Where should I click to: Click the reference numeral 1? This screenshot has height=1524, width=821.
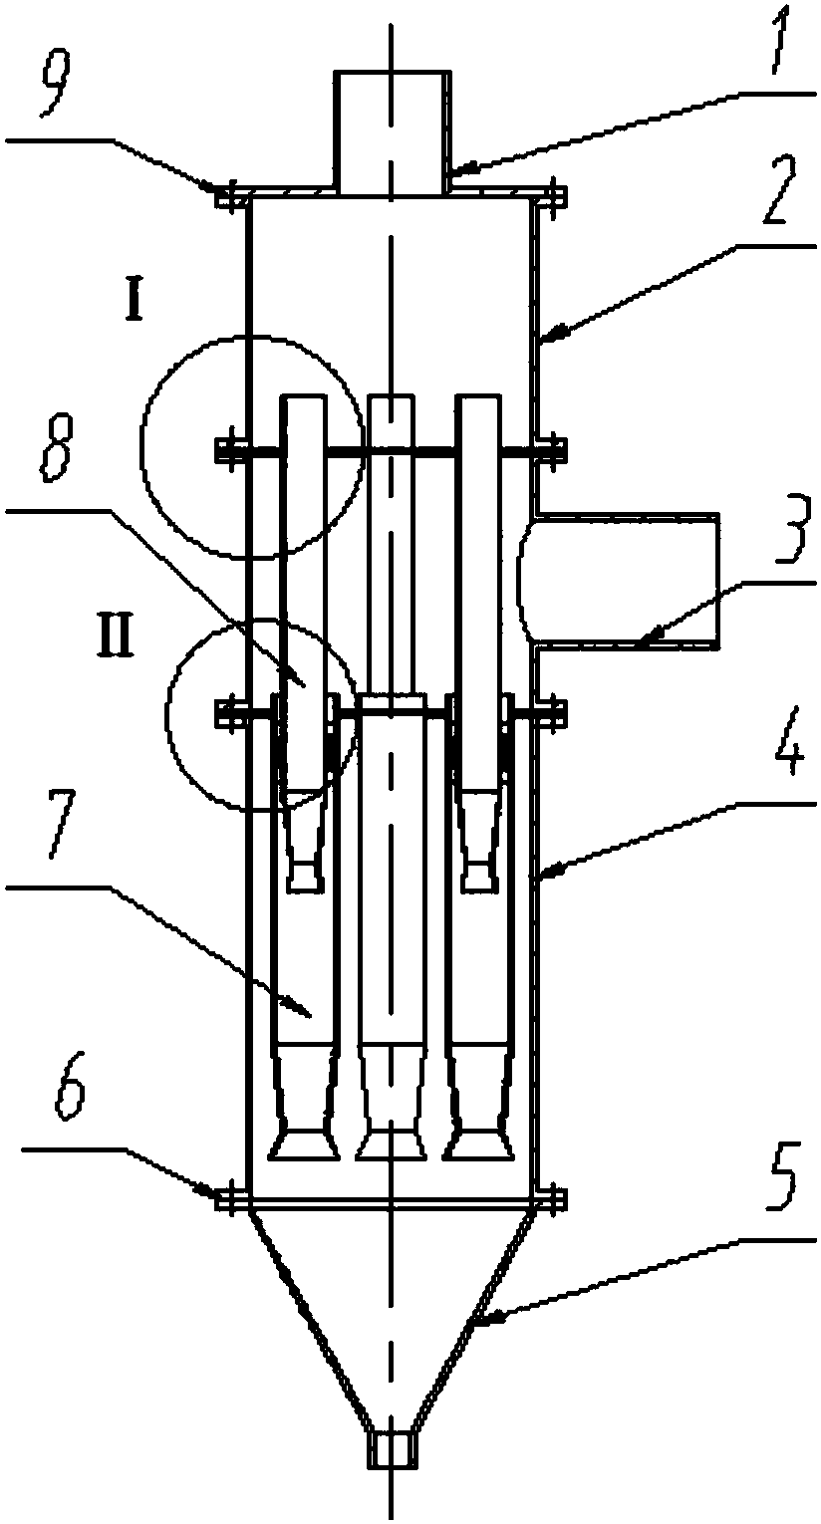click(x=777, y=44)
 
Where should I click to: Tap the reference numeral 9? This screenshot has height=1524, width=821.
click(x=55, y=86)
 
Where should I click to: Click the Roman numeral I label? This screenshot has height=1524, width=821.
click(x=134, y=304)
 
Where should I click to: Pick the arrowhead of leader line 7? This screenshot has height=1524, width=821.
click(x=302, y=1006)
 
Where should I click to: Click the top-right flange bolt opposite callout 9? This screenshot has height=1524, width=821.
click(x=556, y=196)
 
